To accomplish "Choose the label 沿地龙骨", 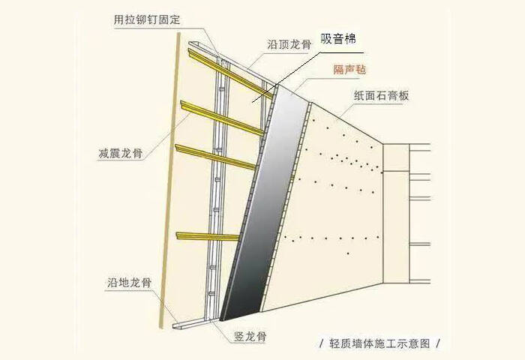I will tap(130, 282).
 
